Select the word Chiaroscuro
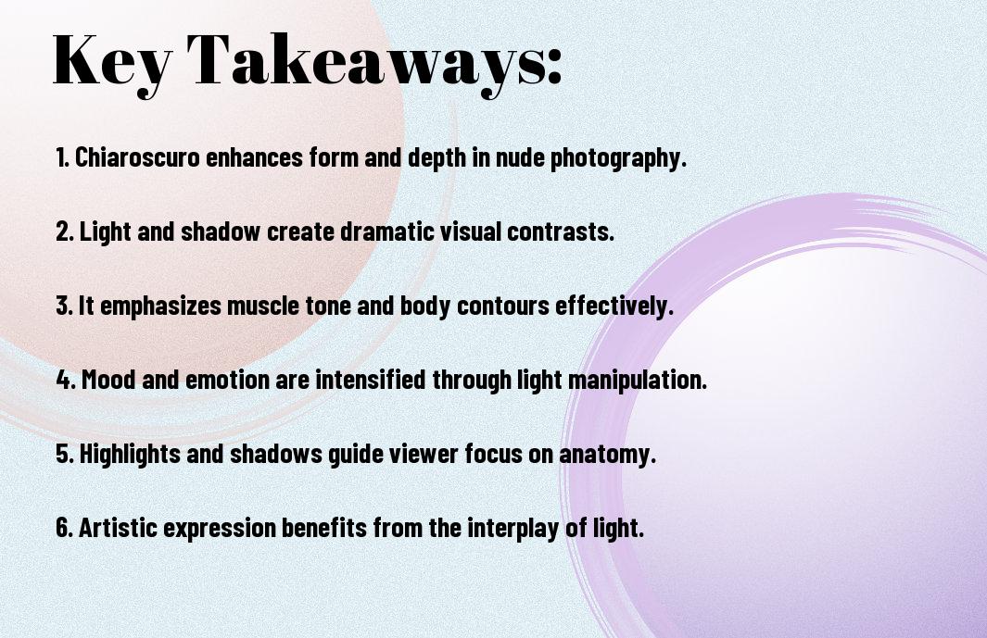pyautogui.click(x=137, y=157)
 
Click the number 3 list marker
pyautogui.click(x=64, y=306)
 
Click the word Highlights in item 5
pyautogui.click(x=131, y=455)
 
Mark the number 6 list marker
pyautogui.click(x=65, y=529)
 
